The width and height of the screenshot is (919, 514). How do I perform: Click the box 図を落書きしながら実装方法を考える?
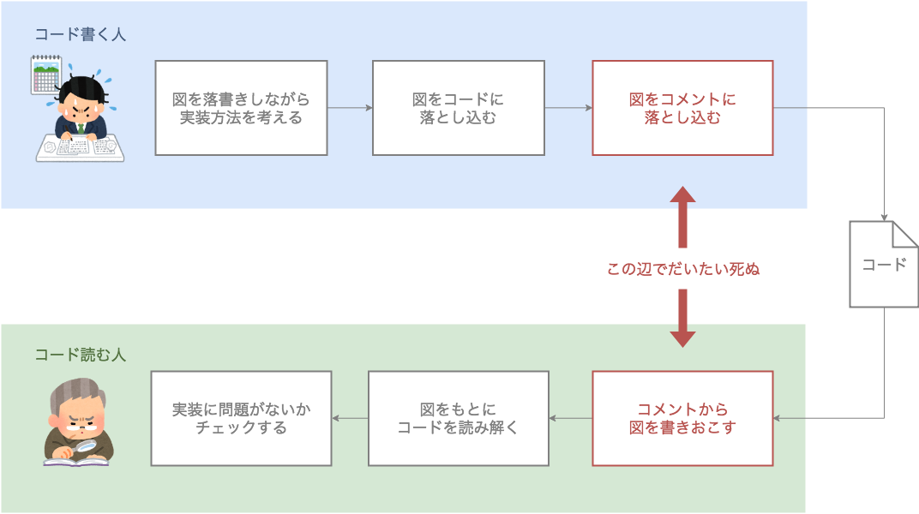[241, 108]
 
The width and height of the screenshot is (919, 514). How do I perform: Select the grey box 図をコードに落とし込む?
[458, 108]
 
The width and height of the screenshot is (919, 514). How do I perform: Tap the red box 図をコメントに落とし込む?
[682, 108]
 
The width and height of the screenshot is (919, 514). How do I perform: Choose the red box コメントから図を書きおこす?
[682, 418]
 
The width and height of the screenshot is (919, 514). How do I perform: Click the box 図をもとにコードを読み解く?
[458, 418]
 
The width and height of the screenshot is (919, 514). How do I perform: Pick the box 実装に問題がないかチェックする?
[241, 418]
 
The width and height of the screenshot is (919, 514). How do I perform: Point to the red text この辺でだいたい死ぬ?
[682, 269]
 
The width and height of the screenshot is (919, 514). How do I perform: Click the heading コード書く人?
[80, 34]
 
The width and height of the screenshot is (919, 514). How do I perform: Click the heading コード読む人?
[80, 354]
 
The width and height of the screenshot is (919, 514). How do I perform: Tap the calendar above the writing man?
[45, 75]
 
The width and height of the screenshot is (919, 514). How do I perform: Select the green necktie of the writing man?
[81, 128]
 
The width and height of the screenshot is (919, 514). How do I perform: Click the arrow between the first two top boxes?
[350, 108]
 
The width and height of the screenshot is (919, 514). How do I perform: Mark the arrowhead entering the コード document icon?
[884, 217]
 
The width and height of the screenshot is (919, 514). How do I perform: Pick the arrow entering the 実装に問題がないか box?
[337, 418]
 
